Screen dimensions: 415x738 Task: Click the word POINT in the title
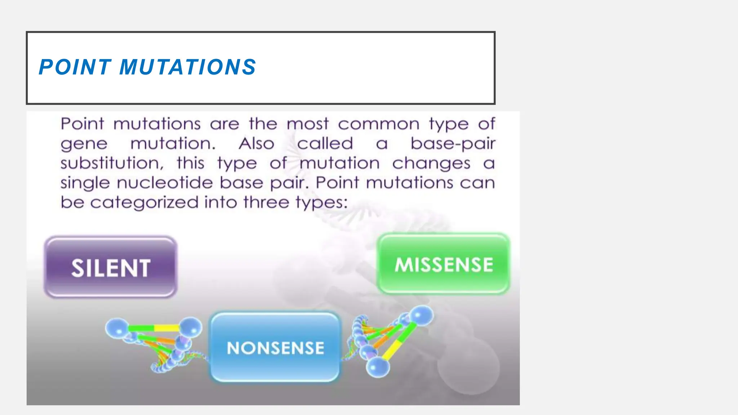[75, 67]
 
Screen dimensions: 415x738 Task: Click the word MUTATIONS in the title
[187, 67]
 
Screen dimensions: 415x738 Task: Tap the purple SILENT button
[111, 267]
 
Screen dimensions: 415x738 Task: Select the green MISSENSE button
[444, 264]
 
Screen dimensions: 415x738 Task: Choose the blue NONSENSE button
[275, 347]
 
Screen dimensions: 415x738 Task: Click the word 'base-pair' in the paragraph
[453, 144]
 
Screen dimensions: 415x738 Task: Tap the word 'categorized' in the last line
[144, 202]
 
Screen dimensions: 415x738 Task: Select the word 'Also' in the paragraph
[257, 144]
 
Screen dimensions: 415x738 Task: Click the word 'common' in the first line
[378, 124]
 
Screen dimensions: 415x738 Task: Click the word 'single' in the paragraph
[85, 183]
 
